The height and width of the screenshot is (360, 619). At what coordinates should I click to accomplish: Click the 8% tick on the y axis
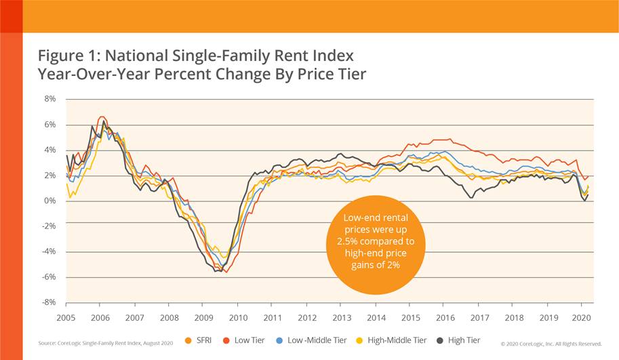click(x=49, y=98)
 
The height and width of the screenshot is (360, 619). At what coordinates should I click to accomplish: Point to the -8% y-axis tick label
click(x=49, y=302)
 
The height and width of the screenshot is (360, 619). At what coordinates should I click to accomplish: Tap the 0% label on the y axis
click(x=49, y=201)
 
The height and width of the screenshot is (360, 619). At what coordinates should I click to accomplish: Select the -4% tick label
click(x=49, y=252)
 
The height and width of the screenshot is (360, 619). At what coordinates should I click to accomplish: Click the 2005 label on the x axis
click(x=65, y=317)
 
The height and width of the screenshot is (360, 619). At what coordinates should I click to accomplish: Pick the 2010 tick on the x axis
click(x=237, y=317)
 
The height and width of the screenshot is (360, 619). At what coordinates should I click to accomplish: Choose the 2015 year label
click(x=410, y=317)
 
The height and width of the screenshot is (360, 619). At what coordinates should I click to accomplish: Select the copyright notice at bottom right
click(x=550, y=344)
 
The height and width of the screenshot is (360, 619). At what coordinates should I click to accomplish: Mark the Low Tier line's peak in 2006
click(x=101, y=117)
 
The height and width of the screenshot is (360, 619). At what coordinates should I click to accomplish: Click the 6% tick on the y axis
click(x=49, y=124)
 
